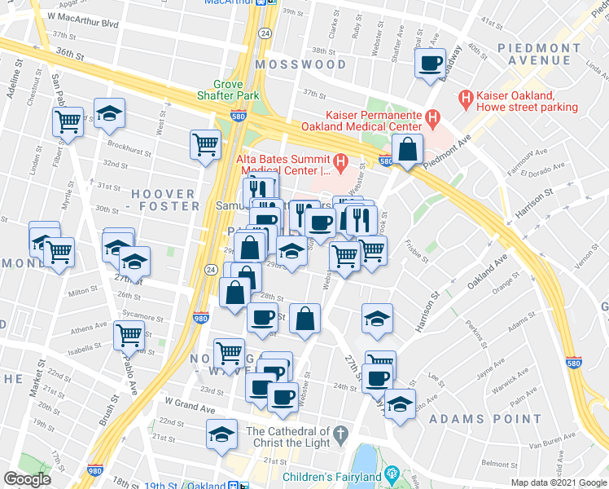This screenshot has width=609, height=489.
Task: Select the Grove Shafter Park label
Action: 236,90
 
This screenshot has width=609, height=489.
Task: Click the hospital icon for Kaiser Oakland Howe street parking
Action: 466,100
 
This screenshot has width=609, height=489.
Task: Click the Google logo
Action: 26,479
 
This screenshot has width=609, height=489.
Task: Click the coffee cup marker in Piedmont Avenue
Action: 430,63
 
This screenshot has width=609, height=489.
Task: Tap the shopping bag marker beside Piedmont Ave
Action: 407,149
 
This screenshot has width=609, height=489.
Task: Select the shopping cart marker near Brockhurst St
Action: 205,144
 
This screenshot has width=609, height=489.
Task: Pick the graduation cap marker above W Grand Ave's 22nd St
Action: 221,434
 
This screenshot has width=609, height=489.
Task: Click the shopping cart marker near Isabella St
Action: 129,333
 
